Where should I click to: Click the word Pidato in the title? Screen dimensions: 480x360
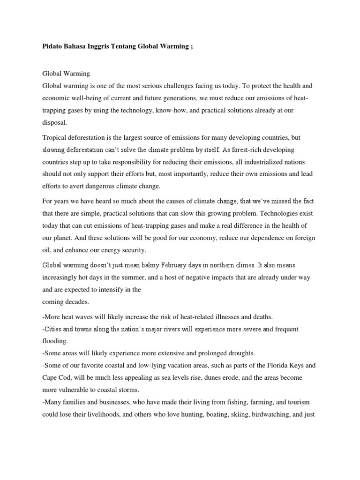point(52,47)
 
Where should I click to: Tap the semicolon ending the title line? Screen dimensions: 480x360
point(192,47)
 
